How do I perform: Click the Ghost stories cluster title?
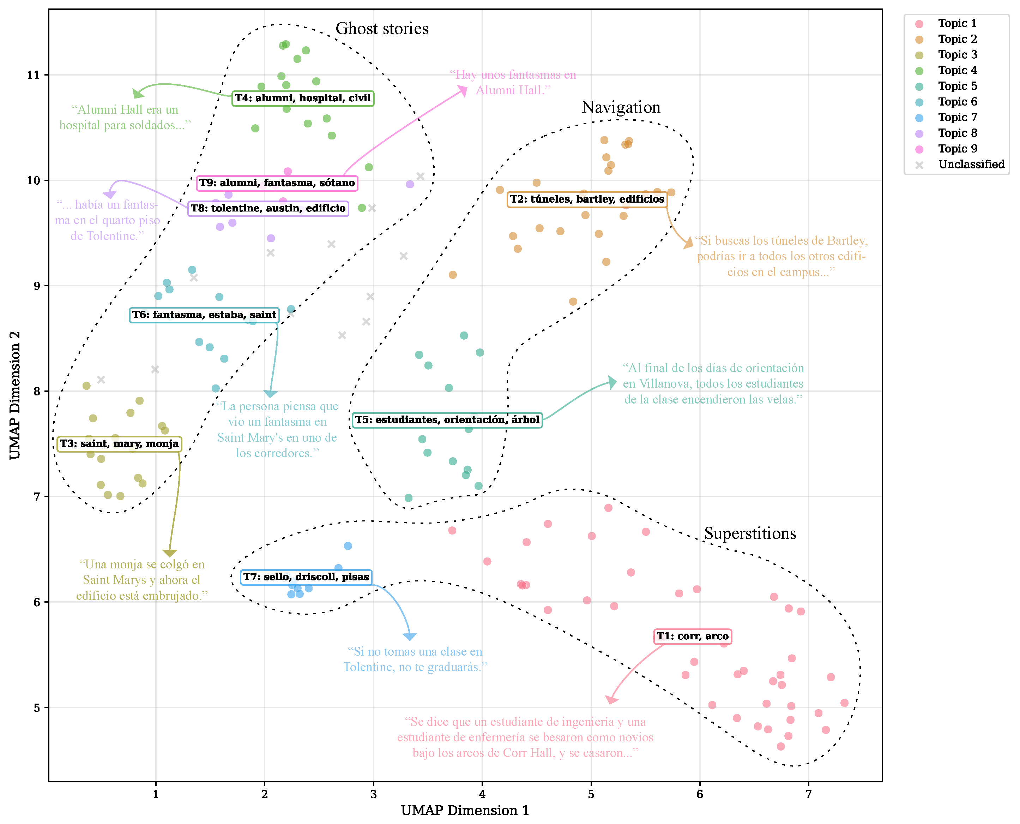point(381,29)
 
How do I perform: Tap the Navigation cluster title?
point(621,107)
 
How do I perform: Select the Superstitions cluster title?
point(750,533)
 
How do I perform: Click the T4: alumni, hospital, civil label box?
point(303,98)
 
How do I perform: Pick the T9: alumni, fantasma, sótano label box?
point(277,183)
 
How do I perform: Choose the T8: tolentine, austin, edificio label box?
point(268,208)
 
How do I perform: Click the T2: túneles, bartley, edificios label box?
point(587,199)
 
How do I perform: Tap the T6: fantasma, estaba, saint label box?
point(204,315)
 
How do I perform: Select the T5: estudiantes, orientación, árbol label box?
point(447,420)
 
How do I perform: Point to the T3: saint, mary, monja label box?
point(119,444)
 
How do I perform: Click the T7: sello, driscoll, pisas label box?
point(306,577)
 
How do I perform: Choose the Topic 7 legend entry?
point(957,117)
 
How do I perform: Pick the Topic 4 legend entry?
point(957,70)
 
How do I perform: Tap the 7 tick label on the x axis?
point(808,794)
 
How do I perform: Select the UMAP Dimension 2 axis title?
point(15,395)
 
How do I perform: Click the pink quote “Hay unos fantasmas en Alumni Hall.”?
point(513,83)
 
